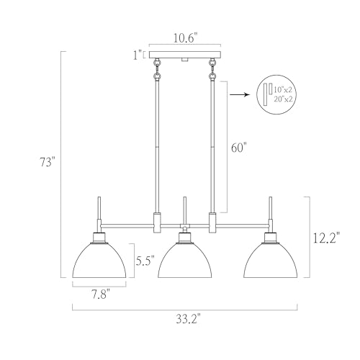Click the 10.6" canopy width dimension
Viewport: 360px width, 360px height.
tap(185, 38)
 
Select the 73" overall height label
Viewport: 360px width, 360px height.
tap(48, 162)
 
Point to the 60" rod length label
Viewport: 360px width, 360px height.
tap(239, 148)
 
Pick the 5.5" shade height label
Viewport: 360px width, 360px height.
tap(145, 261)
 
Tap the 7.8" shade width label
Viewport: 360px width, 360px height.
tap(100, 294)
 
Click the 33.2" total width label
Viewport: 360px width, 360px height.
tap(188, 319)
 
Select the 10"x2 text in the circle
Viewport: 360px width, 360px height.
tap(283, 90)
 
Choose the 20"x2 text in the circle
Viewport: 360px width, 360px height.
tap(284, 99)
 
